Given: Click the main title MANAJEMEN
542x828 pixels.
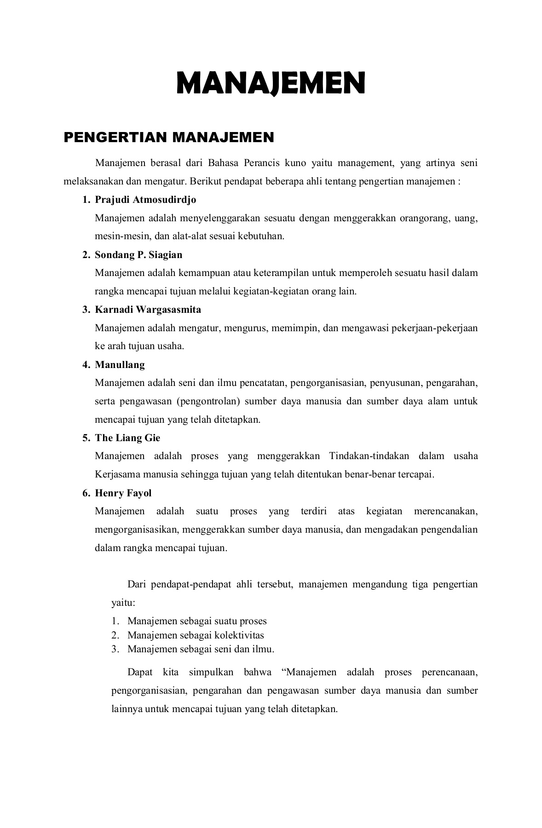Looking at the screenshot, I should [271, 83].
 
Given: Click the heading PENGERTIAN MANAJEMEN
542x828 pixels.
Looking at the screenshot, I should [168, 137].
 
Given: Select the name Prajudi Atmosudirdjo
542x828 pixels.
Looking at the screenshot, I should [145, 200].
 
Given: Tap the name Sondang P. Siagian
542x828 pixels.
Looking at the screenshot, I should [138, 255].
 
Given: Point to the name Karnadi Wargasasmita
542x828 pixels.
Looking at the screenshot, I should [148, 310].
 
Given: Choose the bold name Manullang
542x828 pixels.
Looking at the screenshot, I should [120, 365].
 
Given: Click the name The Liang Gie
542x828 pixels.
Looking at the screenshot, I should [127, 438].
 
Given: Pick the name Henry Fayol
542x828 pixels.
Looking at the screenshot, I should [123, 493].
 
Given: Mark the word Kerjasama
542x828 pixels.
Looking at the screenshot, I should [117, 474].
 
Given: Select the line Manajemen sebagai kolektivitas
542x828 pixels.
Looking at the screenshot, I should [196, 635].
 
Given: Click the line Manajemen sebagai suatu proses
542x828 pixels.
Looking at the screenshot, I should [197, 621].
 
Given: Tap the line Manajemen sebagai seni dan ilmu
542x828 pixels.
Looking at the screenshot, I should [201, 650].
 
